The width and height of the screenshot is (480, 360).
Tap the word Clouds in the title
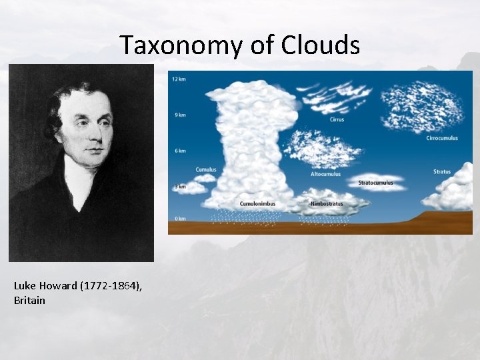point(321,45)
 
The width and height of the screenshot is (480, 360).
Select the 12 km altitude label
point(179,79)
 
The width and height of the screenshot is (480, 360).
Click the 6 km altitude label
point(179,151)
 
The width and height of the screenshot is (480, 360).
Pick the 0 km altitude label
point(179,218)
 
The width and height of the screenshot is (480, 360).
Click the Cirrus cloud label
point(337,120)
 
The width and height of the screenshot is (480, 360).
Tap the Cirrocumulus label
point(442,138)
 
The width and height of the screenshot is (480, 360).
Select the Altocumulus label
point(325,174)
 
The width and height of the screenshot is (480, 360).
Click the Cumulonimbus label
point(257,203)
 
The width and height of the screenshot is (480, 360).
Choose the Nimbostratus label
point(327,203)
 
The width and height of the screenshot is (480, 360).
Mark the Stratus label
point(442,172)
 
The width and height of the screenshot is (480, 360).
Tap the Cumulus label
point(206,169)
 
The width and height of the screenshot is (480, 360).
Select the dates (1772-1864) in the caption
point(111,286)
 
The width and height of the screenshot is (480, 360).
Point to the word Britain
point(29,300)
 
